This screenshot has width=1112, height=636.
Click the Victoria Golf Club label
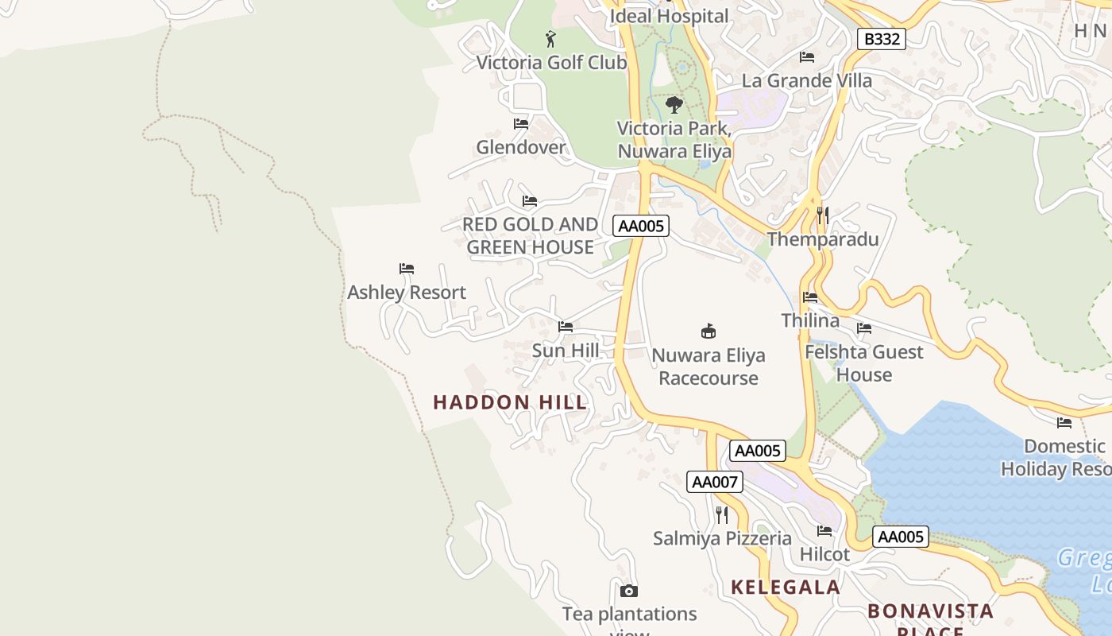551,62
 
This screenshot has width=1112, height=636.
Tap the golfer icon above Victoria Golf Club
550,38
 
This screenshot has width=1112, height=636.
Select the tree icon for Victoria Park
674,105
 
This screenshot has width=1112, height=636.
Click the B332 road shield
882,39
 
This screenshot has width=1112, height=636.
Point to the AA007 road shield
715,482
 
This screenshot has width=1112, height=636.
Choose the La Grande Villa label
806,80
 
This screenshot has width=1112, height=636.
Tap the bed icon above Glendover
521,124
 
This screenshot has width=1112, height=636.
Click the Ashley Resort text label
407,293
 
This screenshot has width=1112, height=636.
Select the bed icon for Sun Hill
566,327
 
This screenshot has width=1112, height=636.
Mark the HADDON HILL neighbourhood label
510,402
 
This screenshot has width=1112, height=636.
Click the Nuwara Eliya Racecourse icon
709,332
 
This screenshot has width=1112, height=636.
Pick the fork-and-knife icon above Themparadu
823,215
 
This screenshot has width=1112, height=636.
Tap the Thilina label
810,320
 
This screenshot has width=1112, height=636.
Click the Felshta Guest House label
864,363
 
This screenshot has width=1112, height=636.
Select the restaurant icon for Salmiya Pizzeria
721,515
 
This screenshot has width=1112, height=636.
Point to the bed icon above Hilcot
824,531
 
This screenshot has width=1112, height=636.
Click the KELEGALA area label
786,588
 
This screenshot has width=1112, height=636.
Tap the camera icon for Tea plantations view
629,591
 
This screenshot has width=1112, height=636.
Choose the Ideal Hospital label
669,16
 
